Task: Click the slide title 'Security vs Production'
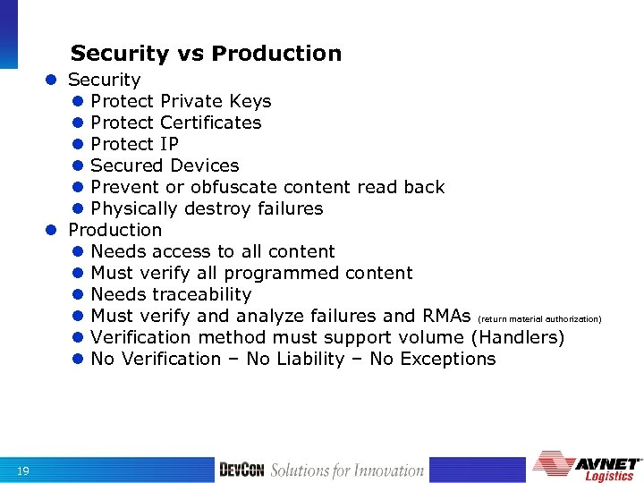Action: [x=206, y=54]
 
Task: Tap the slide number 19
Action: [x=23, y=471]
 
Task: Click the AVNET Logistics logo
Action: [x=587, y=466]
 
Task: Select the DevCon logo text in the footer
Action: [x=241, y=470]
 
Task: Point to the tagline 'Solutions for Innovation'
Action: [x=347, y=470]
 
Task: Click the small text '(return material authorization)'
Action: [x=540, y=318]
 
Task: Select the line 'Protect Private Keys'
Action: [x=181, y=101]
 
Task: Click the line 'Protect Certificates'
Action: [x=176, y=123]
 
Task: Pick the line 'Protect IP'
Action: [x=134, y=144]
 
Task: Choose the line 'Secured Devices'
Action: [x=165, y=165]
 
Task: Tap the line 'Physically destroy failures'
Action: [x=207, y=208]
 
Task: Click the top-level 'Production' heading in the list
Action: [x=115, y=230]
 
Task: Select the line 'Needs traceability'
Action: [x=171, y=294]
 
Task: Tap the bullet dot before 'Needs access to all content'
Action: [x=78, y=252]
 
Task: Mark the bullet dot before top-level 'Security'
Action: [x=55, y=80]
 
